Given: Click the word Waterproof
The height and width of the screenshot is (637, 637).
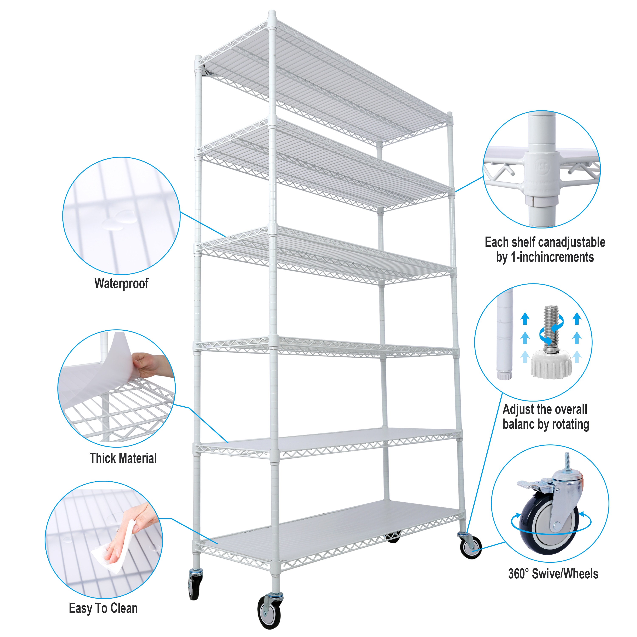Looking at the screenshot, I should pyautogui.click(x=121, y=283).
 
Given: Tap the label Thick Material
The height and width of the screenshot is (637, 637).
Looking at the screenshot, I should pyautogui.click(x=123, y=458).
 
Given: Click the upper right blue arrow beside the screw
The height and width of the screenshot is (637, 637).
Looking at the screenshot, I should pyautogui.click(x=577, y=318).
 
